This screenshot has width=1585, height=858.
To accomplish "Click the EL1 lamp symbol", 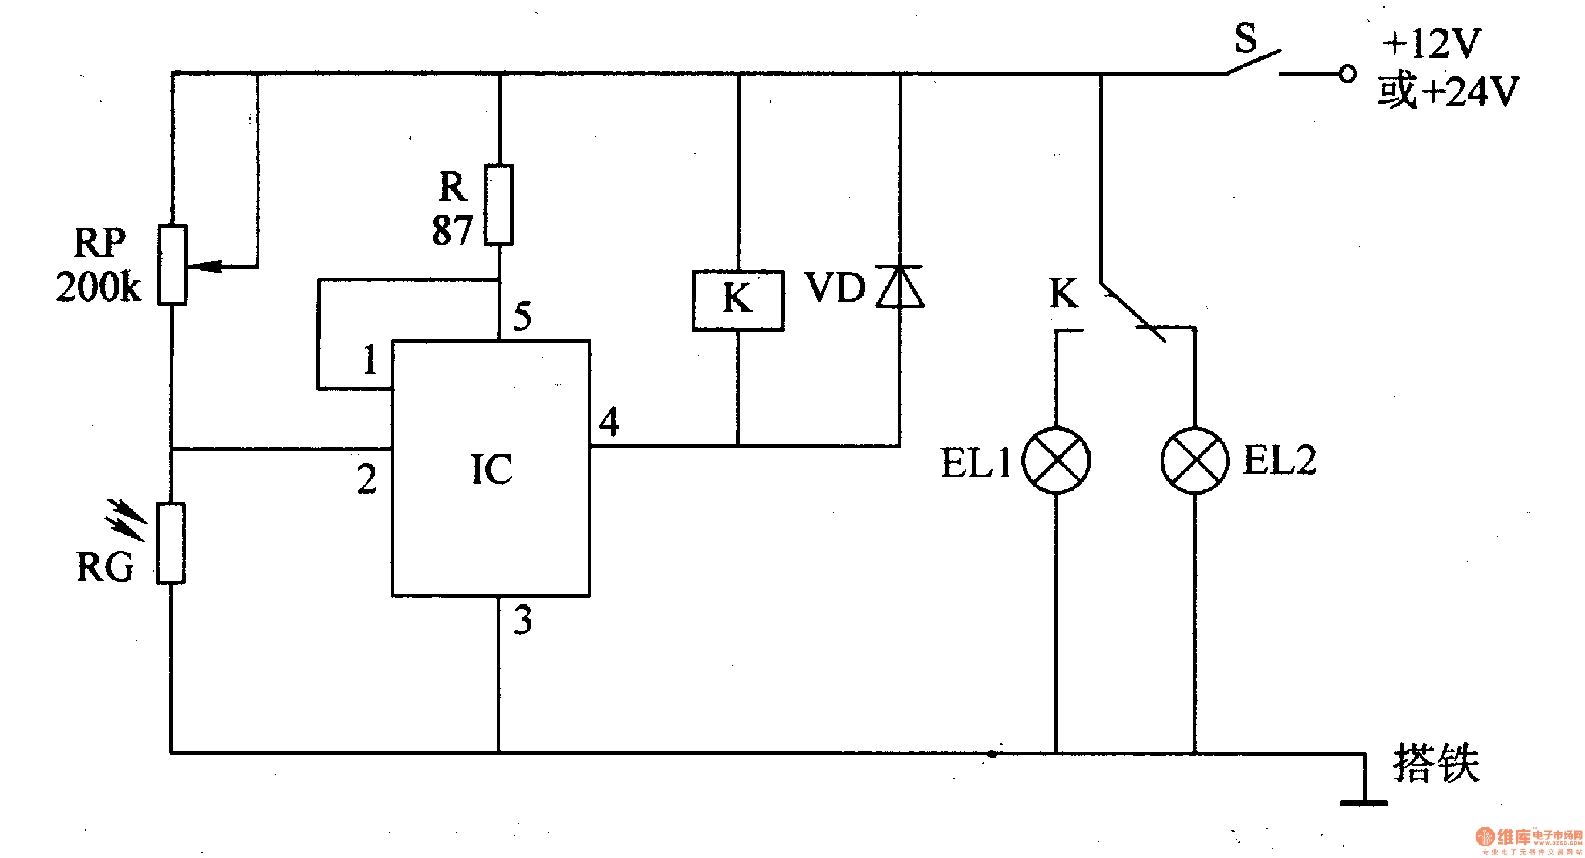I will pyautogui.click(x=1056, y=460).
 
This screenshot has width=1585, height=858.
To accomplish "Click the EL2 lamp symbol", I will pyautogui.click(x=1194, y=460).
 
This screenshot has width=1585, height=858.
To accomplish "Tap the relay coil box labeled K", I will pyautogui.click(x=738, y=300).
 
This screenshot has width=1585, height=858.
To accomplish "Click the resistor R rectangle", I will pyautogui.click(x=498, y=205).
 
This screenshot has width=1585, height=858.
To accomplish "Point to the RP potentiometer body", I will pyautogui.click(x=172, y=265).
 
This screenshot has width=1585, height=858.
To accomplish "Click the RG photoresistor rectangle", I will pyautogui.click(x=170, y=543).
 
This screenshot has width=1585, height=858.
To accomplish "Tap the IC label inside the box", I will pyautogui.click(x=491, y=469).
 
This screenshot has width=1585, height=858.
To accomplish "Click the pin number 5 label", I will pyautogui.click(x=522, y=316).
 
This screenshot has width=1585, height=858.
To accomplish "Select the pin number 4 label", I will pyautogui.click(x=609, y=422).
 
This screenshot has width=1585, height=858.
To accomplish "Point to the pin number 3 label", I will pyautogui.click(x=522, y=620).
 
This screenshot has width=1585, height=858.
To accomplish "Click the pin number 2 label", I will pyautogui.click(x=367, y=479).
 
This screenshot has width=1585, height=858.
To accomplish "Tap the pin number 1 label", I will pyautogui.click(x=369, y=360).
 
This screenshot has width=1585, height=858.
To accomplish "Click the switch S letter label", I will pyautogui.click(x=1245, y=38).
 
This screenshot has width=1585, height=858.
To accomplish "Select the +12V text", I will pyautogui.click(x=1431, y=43).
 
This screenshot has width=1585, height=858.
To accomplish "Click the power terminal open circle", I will pyautogui.click(x=1347, y=74).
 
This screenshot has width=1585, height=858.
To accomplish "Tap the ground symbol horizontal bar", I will pyautogui.click(x=1364, y=803).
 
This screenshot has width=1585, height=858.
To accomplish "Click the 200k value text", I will pyautogui.click(x=99, y=286).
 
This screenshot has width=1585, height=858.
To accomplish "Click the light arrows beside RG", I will pyautogui.click(x=126, y=520).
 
